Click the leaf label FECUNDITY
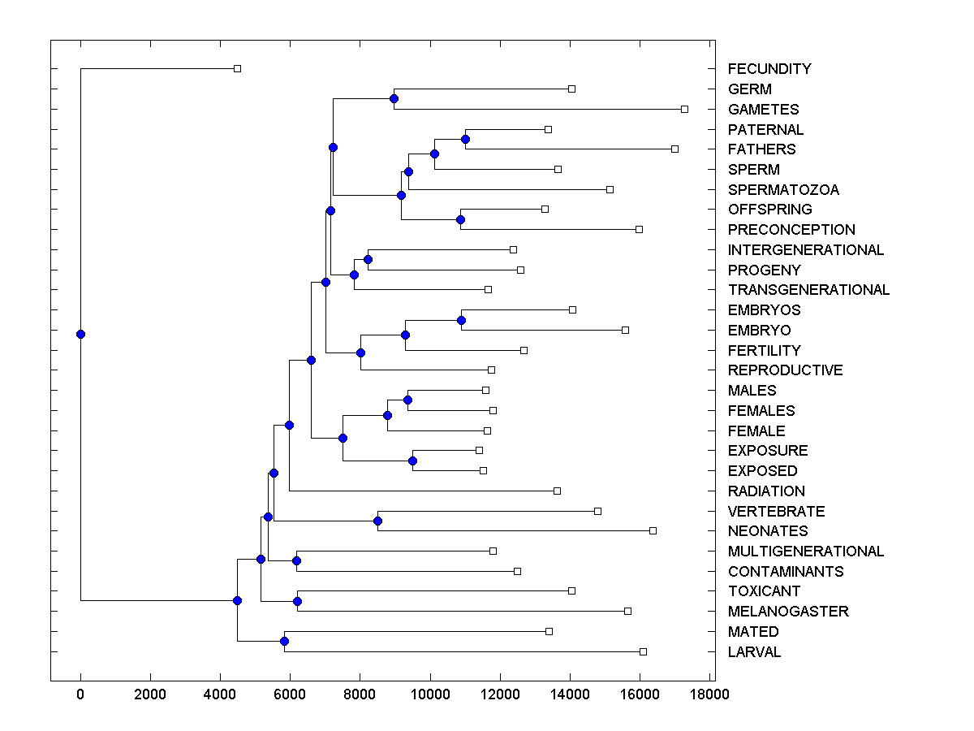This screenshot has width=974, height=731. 769,69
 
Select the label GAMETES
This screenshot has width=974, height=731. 763,110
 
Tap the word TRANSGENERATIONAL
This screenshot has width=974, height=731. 808,290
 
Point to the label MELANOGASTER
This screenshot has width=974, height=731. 788,612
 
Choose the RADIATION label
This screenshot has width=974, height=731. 766,491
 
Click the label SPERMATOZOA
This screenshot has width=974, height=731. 783,190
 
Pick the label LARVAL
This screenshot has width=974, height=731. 754,652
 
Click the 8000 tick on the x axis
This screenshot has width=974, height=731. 360,694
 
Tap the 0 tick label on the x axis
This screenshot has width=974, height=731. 80,694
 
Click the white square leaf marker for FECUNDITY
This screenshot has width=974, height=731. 237,69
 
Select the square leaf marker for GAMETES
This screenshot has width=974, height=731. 684,109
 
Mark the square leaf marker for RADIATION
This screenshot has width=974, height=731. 557,491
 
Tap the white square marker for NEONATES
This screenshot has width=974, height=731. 653,530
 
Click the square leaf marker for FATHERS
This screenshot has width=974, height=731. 674,149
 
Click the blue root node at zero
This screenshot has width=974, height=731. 80,334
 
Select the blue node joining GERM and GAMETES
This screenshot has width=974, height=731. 394,98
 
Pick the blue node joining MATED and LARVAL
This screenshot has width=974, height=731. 284,641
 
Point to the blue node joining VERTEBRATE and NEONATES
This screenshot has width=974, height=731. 377,521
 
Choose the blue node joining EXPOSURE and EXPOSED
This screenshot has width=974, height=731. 412,461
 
